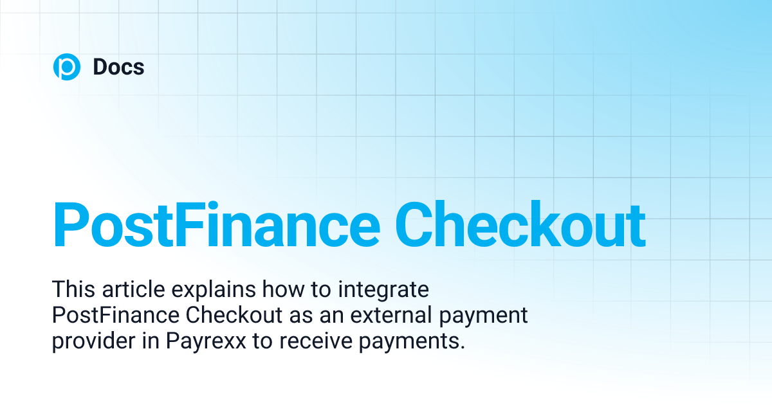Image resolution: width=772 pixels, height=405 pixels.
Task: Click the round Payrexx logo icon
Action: pyautogui.click(x=66, y=67)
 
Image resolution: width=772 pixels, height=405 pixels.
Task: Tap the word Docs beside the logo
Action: pyautogui.click(x=118, y=67)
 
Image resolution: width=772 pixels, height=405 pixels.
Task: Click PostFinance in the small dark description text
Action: pyautogui.click(x=113, y=316)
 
